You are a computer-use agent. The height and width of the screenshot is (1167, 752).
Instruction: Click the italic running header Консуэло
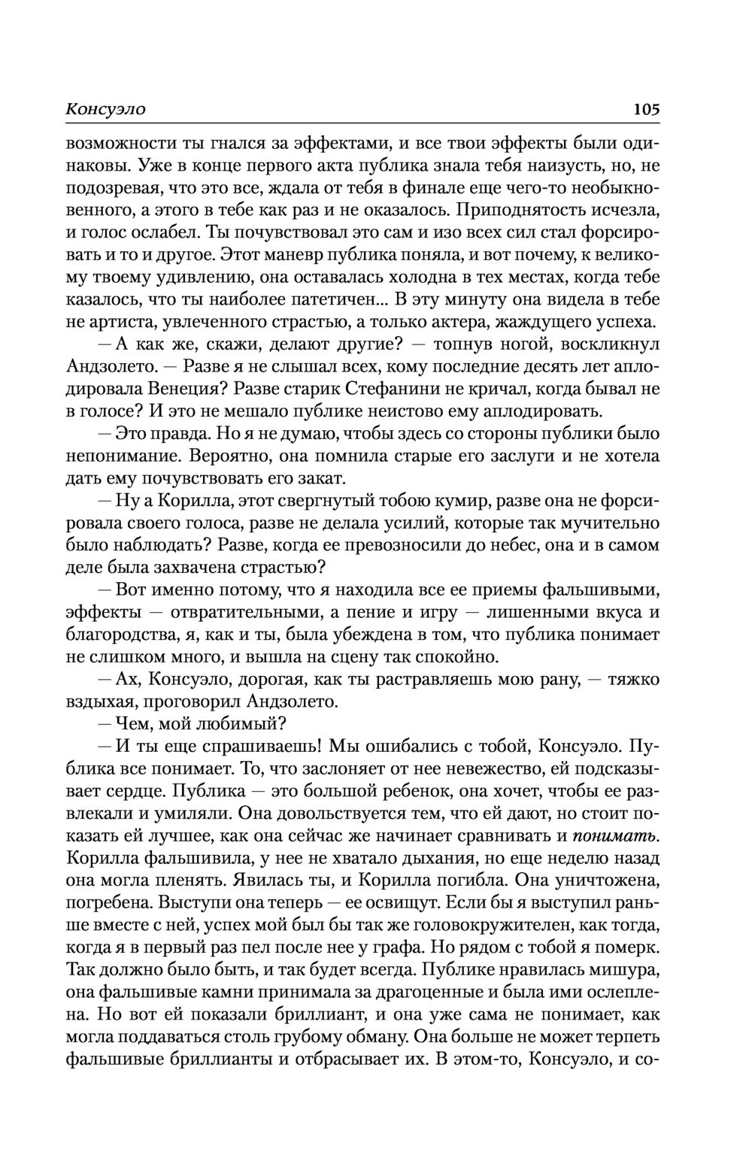click(x=105, y=109)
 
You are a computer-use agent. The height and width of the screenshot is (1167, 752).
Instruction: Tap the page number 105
click(x=646, y=109)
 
